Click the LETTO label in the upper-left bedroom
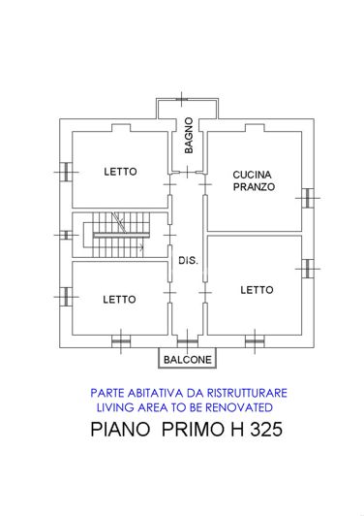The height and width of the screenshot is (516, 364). [120, 172]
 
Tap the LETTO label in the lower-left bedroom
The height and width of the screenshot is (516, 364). [120, 299]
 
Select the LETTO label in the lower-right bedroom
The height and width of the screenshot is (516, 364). [257, 289]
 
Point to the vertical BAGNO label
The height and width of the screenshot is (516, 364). [190, 137]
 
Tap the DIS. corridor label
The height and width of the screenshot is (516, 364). [188, 260]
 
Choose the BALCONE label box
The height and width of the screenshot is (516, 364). [188, 360]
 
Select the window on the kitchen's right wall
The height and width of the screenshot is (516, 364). [308, 197]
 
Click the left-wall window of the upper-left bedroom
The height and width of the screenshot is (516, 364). [65, 172]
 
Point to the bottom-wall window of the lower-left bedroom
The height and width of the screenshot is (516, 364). [120, 339]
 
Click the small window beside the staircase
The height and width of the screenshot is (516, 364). [65, 234]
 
